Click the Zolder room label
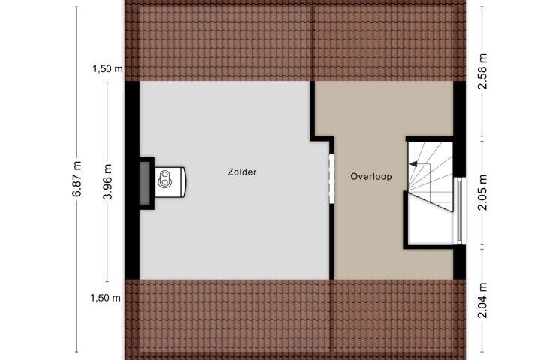242,172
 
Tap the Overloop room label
371,177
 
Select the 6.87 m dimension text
77,178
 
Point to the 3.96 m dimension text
107,181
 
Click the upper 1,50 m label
107,69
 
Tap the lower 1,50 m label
106,298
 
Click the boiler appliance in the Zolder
170,182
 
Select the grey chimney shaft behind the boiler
145,183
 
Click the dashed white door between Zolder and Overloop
332,178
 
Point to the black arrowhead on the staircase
413,164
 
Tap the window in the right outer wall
460,211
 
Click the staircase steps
430,176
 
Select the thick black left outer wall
132,180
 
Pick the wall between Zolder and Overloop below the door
332,241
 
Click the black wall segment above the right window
460,129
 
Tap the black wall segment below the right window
460,262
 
